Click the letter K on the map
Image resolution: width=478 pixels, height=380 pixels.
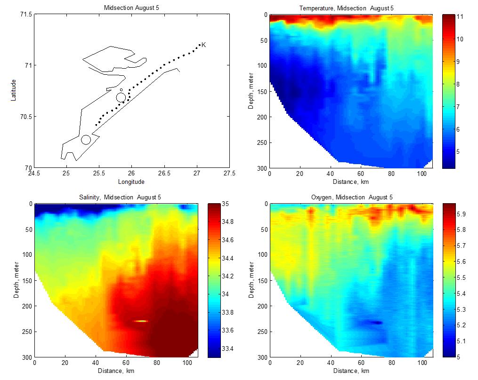point(204,45)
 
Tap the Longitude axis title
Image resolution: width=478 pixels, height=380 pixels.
point(131,182)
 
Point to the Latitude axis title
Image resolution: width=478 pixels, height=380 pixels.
point(14,90)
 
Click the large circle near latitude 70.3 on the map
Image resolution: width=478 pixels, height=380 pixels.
point(86,140)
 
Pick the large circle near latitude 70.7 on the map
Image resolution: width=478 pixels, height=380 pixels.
point(121,97)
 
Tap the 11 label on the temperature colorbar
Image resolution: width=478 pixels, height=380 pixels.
point(461,16)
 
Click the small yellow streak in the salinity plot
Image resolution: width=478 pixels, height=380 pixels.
point(140,321)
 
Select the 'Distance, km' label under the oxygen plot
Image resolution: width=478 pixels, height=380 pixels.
point(351,371)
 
